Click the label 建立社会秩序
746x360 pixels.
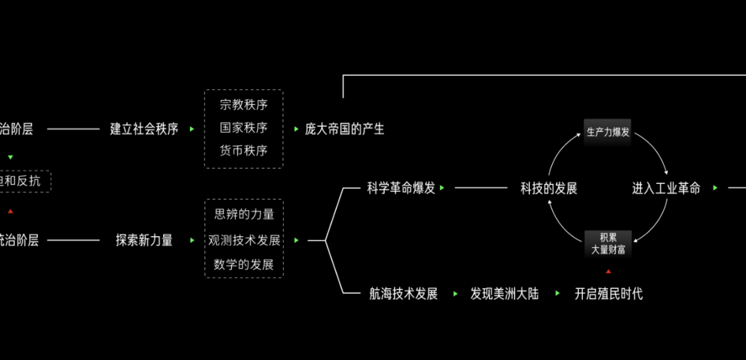pyautogui.click(x=144, y=129)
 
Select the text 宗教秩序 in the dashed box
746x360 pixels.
pyautogui.click(x=244, y=105)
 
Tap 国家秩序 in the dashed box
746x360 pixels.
pyautogui.click(x=244, y=128)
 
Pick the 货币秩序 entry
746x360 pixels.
pyautogui.click(x=244, y=151)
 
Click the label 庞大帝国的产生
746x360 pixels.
pyautogui.click(x=345, y=129)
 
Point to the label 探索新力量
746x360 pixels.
pyautogui.click(x=144, y=240)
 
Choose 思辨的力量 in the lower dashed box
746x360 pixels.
pyautogui.click(x=245, y=214)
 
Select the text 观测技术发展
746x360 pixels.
pyautogui.click(x=245, y=240)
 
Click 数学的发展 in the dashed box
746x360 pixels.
pyautogui.click(x=245, y=265)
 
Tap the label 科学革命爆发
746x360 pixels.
pyautogui.click(x=401, y=188)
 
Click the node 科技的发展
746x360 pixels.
pyautogui.click(x=548, y=188)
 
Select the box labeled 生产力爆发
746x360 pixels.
pyautogui.click(x=608, y=132)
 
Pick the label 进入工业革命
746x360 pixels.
pyautogui.click(x=666, y=188)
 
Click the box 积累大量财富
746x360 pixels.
pyautogui.click(x=608, y=244)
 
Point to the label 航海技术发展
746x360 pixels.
pyautogui.click(x=403, y=294)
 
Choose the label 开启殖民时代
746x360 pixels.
pyautogui.click(x=609, y=294)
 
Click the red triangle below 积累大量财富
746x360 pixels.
pyautogui.click(x=609, y=271)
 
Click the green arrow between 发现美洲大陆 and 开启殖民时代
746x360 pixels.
pyautogui.click(x=556, y=294)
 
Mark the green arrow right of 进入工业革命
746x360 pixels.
pyautogui.click(x=715, y=188)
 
